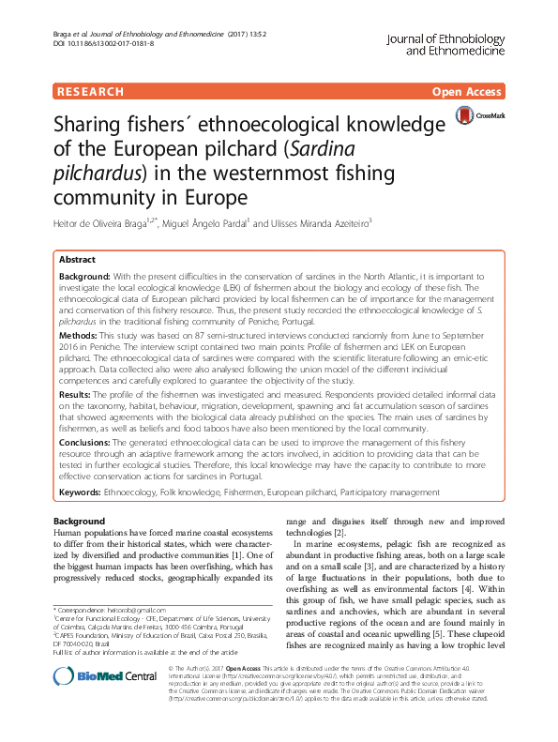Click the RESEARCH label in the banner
click(x=90, y=92)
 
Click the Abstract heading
click(x=77, y=258)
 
